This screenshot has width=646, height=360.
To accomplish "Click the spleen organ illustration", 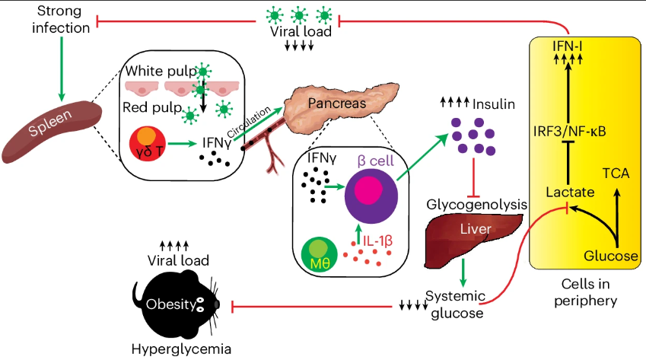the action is click(x=52, y=132).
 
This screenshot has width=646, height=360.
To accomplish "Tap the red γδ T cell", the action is click(x=148, y=143).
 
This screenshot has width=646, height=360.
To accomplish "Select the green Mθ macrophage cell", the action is click(x=320, y=255).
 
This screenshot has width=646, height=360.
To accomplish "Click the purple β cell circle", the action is click(x=371, y=196).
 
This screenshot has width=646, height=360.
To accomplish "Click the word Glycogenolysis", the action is click(x=476, y=204).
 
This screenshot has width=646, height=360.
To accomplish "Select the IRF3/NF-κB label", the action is click(x=569, y=132).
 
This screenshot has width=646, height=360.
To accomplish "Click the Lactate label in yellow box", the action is click(x=570, y=192).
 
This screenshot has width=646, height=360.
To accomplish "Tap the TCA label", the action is click(x=616, y=174).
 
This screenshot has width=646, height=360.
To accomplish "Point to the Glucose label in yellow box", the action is click(x=611, y=256).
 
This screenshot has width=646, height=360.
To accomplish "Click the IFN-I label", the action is click(x=568, y=46).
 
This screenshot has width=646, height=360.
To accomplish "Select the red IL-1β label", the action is click(x=377, y=241).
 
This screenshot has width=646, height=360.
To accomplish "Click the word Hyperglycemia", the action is click(x=181, y=349).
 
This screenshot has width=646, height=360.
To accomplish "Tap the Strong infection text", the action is click(x=61, y=19).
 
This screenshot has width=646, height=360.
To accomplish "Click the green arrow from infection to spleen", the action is click(x=62, y=68).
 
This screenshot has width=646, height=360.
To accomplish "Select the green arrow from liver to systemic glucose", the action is click(x=463, y=272).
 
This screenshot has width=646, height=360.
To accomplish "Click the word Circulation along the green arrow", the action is click(x=249, y=122).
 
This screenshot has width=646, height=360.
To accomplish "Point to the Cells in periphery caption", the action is click(x=585, y=292).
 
